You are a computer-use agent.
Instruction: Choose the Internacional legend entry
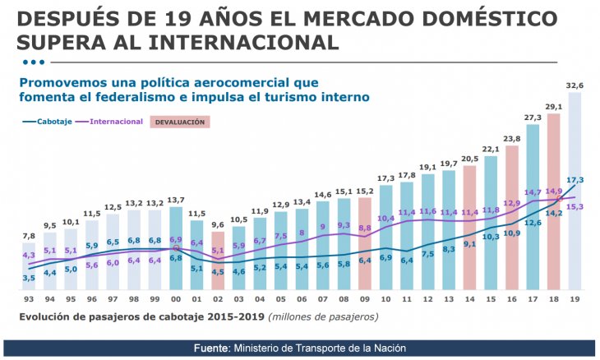click(x=114, y=122)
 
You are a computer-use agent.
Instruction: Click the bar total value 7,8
click(x=29, y=237)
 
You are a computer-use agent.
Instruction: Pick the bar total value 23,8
click(x=511, y=139)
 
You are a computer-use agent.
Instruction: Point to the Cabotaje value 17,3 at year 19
click(x=575, y=179)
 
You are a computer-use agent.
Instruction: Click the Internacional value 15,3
click(x=575, y=206)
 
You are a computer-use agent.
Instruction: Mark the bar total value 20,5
click(x=469, y=159)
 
